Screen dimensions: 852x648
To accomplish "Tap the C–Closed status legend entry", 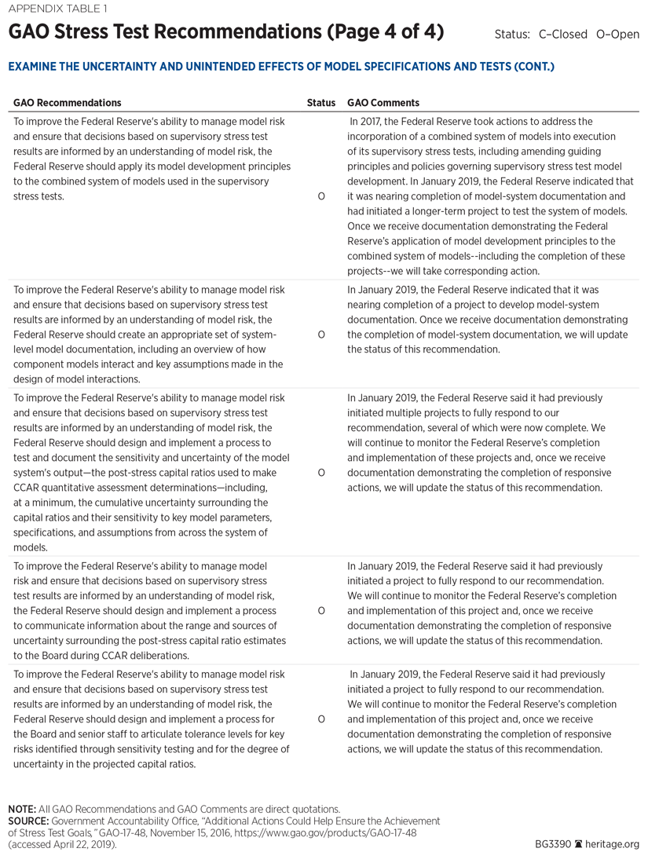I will tap(563, 35).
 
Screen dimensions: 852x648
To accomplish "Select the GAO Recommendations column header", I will tap(68, 103).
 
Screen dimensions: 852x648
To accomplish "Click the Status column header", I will tap(320, 103).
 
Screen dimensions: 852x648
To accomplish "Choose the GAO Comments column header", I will tap(383, 103).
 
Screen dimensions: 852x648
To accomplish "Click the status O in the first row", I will tap(321, 196).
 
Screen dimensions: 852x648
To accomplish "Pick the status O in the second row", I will tap(321, 335).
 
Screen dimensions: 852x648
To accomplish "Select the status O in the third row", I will tap(321, 473).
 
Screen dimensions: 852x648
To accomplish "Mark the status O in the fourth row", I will tap(321, 610).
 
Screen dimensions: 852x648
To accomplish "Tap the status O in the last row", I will tap(321, 719).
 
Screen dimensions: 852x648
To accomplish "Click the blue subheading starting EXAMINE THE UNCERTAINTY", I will tap(281, 67).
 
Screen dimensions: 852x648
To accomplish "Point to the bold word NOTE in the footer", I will tap(23, 809).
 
